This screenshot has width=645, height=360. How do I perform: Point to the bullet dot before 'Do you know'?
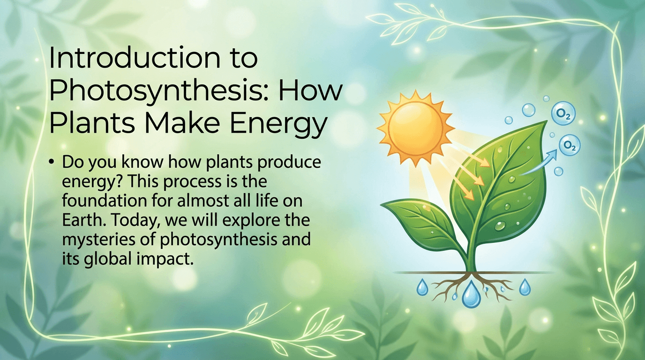[51, 162]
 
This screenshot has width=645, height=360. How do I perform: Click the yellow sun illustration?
[415, 128]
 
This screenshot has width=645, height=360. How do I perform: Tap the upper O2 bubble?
[563, 113]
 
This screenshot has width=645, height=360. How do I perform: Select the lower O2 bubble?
[569, 145]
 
